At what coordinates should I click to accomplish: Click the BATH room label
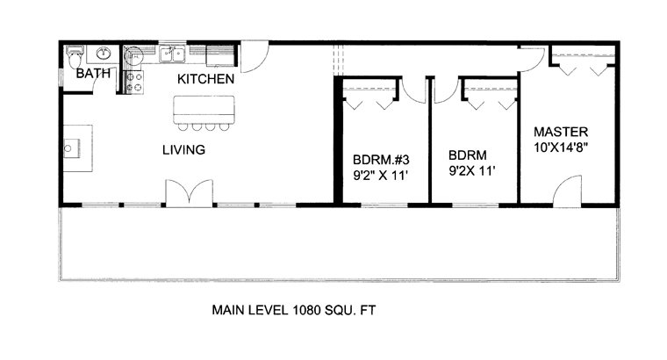tap(93, 73)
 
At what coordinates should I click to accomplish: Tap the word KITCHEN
tap(205, 79)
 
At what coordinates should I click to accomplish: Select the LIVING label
tap(183, 149)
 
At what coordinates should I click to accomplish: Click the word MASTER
tap(561, 132)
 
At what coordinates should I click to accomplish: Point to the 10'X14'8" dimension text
tap(561, 148)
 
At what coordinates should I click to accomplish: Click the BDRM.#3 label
tap(381, 160)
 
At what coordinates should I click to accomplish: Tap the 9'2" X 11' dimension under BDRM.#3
tap(381, 176)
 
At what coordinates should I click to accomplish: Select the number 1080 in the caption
tap(306, 310)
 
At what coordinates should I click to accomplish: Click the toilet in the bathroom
tap(75, 56)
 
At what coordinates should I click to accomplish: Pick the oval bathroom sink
tap(103, 54)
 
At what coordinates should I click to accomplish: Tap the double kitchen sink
tap(172, 54)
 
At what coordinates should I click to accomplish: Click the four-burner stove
tap(135, 83)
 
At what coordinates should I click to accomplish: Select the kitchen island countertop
tap(204, 110)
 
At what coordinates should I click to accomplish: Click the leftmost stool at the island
tap(183, 126)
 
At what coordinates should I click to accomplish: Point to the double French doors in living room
tap(190, 193)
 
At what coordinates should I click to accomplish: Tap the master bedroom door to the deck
tap(567, 191)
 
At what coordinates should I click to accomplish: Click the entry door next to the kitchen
tap(255, 56)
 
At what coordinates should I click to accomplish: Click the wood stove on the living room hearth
tap(71, 148)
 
